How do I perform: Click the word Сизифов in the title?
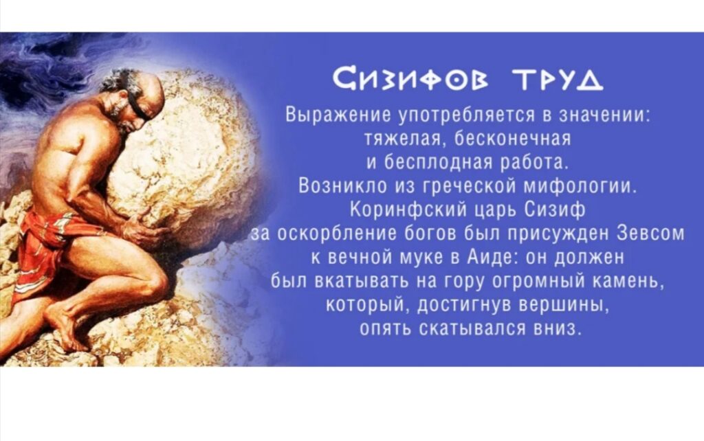413,80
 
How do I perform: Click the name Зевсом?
652,234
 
